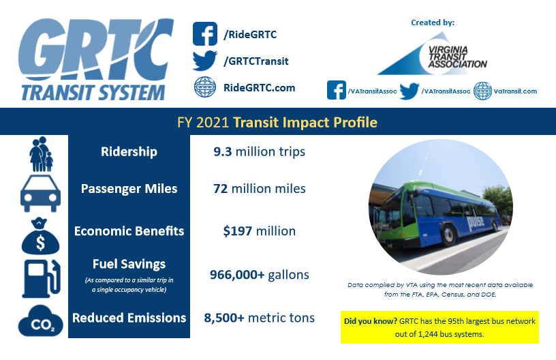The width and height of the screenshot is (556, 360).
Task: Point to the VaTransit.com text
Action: coord(515,91)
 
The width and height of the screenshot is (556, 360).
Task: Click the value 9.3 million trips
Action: coord(259,151)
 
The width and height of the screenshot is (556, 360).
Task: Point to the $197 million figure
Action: coord(259,231)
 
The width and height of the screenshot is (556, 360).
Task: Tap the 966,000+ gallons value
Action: coord(259,275)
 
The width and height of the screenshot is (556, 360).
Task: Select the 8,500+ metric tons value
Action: coord(259,318)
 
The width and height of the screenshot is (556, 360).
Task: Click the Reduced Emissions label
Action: coord(129,318)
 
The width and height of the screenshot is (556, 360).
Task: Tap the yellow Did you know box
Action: coord(439,327)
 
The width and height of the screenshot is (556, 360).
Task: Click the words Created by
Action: coord(433,22)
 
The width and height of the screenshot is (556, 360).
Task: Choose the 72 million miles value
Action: coord(259,189)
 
